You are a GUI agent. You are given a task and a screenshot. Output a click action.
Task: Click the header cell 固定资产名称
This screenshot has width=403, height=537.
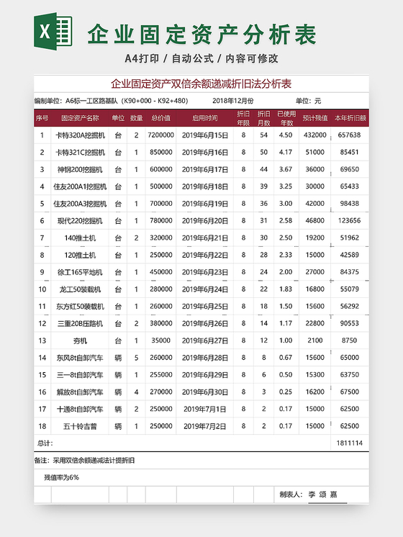(80, 118)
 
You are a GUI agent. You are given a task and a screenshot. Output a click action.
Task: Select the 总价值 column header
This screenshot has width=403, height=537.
(160, 118)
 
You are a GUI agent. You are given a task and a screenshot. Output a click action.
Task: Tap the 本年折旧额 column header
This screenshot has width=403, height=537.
(350, 118)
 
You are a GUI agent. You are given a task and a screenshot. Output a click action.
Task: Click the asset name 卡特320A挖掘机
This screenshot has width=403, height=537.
(80, 135)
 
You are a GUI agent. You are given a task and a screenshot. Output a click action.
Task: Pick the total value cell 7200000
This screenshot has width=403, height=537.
(160, 135)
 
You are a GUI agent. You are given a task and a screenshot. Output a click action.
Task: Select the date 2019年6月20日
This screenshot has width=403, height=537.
(205, 220)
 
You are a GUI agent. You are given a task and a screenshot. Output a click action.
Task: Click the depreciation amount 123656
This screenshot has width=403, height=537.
(350, 220)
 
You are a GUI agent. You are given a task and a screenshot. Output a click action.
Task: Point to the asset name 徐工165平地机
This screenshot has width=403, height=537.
(80, 272)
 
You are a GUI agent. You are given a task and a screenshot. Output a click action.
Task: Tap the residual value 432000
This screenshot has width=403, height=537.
(314, 135)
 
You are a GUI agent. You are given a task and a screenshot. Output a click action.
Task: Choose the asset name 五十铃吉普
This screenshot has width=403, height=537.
(80, 426)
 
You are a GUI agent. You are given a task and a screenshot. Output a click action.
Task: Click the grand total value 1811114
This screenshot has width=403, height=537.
(350, 443)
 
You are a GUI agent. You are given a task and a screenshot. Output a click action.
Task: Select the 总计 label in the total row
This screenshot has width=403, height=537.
(45, 443)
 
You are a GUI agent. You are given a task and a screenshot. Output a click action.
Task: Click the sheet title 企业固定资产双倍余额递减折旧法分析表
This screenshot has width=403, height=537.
(201, 84)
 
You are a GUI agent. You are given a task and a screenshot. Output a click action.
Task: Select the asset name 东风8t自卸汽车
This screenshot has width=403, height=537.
(80, 358)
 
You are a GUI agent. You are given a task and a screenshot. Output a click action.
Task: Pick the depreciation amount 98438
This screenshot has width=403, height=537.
(350, 204)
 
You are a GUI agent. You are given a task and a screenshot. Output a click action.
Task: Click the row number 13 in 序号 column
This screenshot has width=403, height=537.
(42, 340)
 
